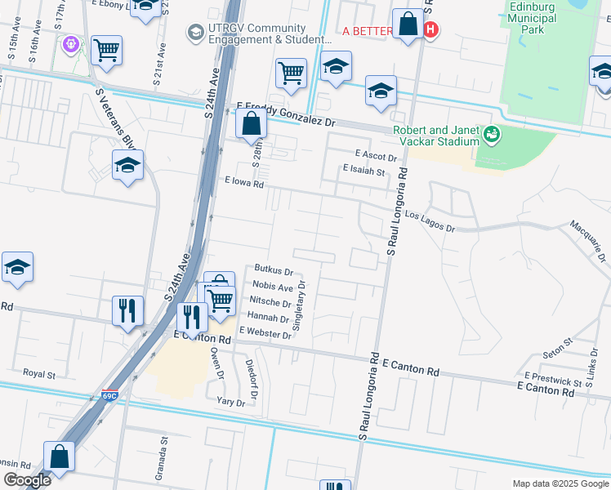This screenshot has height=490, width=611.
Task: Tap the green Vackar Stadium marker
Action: [491, 133]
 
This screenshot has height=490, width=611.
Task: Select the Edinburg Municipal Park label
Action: [555, 17]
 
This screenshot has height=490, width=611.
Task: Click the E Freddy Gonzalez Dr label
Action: [286, 114]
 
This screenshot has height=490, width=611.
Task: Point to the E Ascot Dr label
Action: [375, 155]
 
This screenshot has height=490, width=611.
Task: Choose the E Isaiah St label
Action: [363, 170]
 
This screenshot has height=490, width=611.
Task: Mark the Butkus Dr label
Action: [274, 269]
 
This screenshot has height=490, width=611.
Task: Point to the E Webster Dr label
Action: [265, 334]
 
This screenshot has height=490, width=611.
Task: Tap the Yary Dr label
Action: [231, 402]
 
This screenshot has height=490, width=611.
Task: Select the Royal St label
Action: [38, 374]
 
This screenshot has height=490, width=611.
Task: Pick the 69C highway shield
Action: [110, 395]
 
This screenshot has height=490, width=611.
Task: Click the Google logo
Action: [26, 479]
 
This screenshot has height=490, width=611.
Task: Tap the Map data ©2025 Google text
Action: [560, 483]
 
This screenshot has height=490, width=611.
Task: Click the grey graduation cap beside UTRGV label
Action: [195, 32]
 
